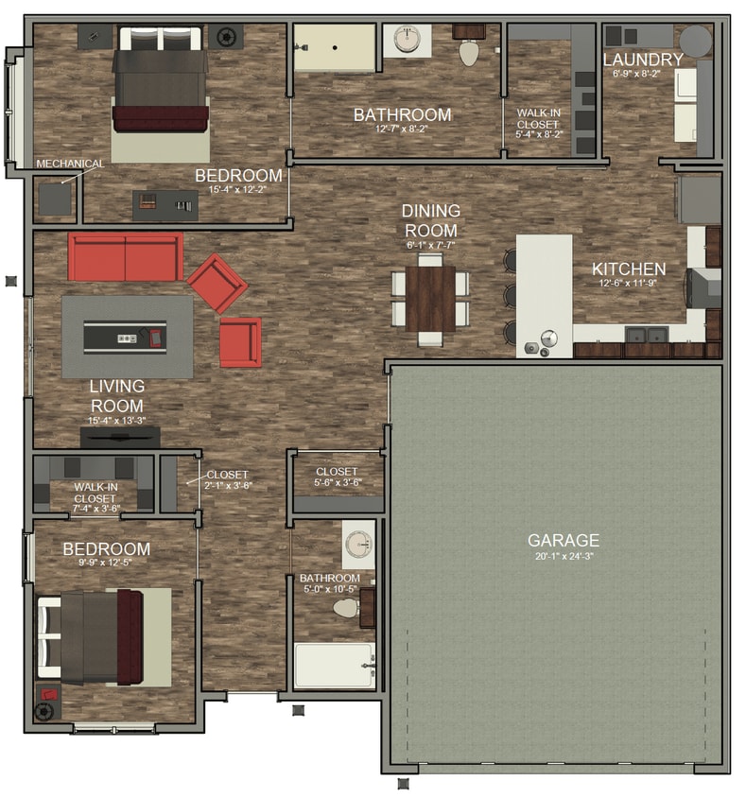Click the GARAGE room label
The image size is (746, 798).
pyautogui.click(x=563, y=540)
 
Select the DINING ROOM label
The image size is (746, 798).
pyautogui.click(x=430, y=220)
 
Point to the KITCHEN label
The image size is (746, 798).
pyautogui.click(x=629, y=269)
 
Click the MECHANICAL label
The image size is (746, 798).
pyautogui.click(x=70, y=164)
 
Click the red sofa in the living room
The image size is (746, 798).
pyautogui.click(x=125, y=256)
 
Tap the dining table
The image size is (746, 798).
pyautogui.click(x=430, y=296)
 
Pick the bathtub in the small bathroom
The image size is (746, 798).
pyautogui.click(x=334, y=665)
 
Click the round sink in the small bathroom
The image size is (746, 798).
pyautogui.click(x=357, y=546)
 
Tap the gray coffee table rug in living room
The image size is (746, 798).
pyautogui.click(x=127, y=336)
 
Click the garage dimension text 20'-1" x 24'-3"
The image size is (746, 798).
pyautogui.click(x=563, y=556)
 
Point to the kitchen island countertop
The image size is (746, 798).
pyautogui.click(x=544, y=293)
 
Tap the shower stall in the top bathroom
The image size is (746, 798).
pyautogui.click(x=333, y=45)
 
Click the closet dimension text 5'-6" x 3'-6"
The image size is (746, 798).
pyautogui.click(x=337, y=482)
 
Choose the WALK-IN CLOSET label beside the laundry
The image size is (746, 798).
pyautogui.click(x=537, y=124)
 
